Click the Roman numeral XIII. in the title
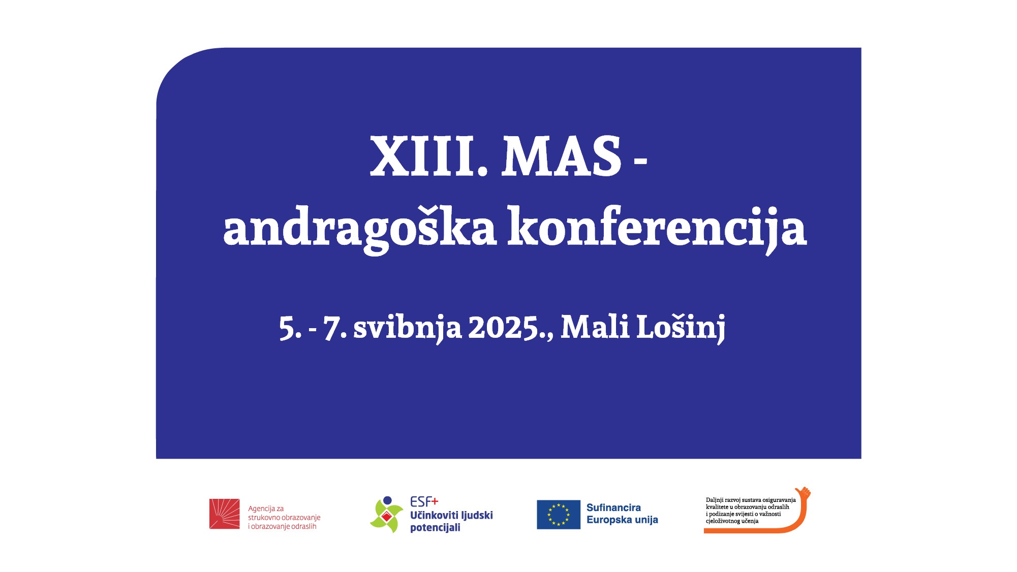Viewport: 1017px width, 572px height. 428,156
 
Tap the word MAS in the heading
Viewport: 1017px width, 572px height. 562,156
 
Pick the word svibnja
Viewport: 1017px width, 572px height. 407,328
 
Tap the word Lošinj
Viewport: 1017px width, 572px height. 681,327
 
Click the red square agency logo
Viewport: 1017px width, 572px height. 224,514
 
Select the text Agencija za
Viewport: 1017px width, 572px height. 266,509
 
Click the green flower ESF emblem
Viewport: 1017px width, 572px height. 386,515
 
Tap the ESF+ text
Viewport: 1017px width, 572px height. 424,502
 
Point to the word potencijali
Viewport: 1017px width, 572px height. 435,528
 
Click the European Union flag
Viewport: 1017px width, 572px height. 559,515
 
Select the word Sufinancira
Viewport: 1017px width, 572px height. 613,507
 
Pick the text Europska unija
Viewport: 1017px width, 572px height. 622,520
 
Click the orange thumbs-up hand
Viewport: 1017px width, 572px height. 803,493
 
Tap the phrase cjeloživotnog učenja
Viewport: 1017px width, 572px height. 732,521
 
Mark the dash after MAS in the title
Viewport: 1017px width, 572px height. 641,161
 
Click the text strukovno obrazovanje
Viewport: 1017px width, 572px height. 284,518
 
